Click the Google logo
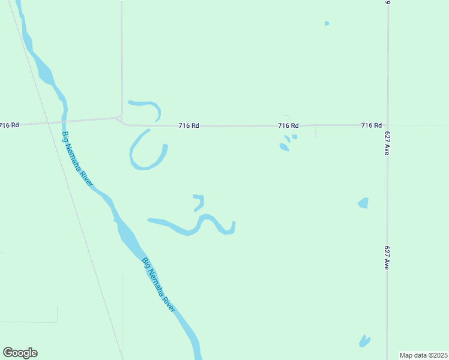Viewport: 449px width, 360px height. pos(20,353)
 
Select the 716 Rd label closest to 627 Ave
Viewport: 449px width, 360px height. pos(371,125)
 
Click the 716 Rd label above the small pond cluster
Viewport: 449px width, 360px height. pos(288,125)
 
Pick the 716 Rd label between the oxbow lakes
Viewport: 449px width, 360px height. pos(188,125)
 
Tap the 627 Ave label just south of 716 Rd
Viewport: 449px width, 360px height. pos(387,145)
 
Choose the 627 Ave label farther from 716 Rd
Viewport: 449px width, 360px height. pos(387,256)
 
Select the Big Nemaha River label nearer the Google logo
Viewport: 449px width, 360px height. pos(159,284)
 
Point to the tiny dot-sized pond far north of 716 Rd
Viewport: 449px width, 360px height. pos(327,23)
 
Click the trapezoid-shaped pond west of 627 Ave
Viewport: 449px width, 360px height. pos(363,203)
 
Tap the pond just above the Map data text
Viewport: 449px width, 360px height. pos(364,341)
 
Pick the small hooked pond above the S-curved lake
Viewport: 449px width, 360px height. pos(199,202)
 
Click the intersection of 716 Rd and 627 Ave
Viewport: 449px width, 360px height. pos(387,125)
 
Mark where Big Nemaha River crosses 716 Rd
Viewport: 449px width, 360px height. pos(65,121)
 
